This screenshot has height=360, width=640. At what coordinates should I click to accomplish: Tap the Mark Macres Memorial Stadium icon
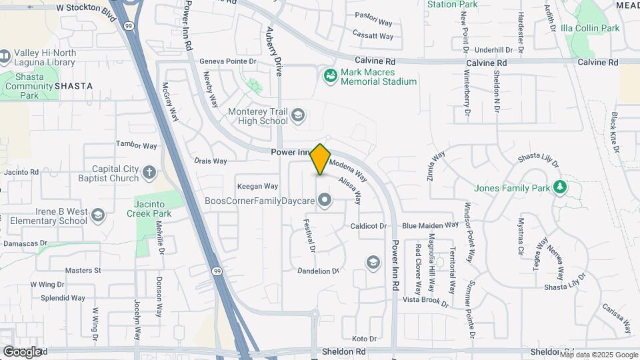point(330,77)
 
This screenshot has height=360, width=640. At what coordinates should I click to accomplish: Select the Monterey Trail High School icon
point(298,117)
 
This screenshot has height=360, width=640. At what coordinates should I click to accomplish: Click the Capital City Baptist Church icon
point(149,173)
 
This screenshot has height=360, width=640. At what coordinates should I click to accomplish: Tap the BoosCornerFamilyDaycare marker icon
point(325,200)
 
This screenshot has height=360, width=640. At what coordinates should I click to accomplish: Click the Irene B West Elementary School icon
point(98,215)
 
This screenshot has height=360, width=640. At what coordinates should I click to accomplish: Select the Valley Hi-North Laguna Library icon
point(5,57)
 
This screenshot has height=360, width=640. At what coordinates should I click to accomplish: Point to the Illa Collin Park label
point(591,28)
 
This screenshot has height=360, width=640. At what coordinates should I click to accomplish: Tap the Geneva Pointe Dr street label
point(228,61)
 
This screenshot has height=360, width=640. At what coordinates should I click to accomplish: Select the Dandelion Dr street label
point(318,271)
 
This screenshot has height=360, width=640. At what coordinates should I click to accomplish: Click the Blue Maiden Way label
point(430,225)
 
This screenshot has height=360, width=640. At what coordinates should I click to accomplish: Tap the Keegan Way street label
point(257,186)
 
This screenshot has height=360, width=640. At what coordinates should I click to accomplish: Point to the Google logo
point(22,351)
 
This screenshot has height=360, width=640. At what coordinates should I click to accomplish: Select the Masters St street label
point(83,271)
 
